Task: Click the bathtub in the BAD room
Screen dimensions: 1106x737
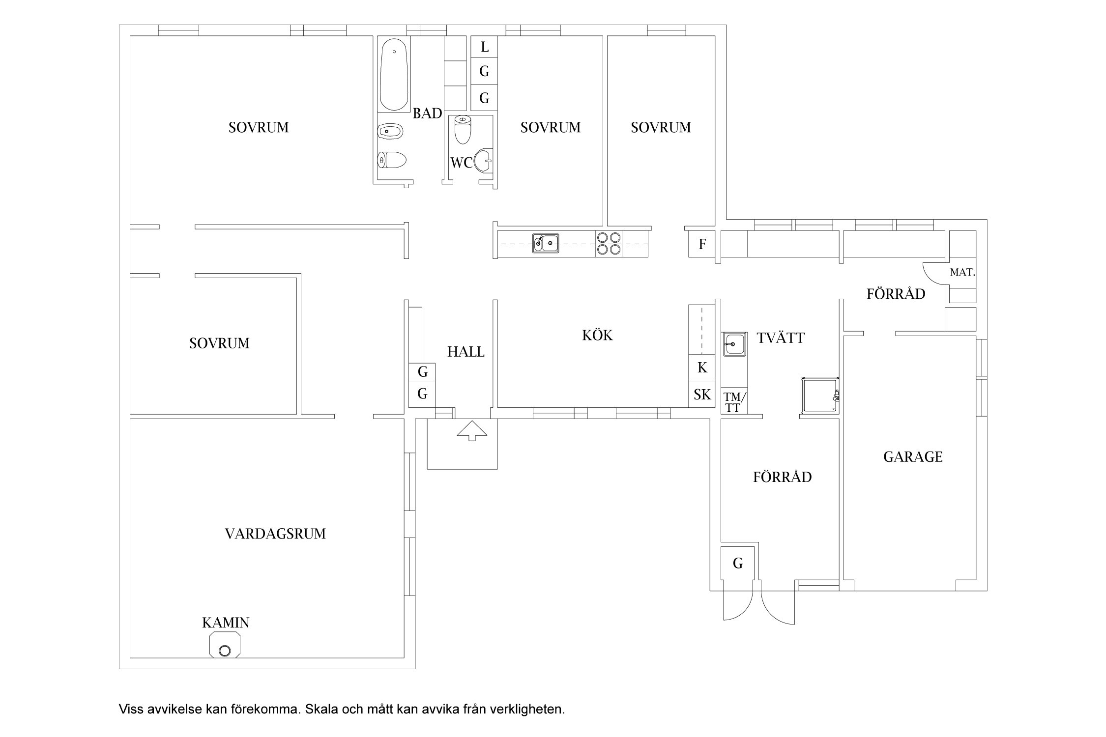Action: pos(394,74)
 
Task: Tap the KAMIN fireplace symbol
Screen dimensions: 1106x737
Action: pos(225,645)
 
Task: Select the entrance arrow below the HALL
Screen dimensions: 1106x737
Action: pos(472,431)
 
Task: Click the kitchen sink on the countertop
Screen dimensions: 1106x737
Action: pos(546,243)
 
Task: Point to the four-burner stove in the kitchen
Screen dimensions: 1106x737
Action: pos(609,243)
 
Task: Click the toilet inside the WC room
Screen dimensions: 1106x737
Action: pos(463,129)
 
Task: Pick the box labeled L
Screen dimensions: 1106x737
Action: pos(485,47)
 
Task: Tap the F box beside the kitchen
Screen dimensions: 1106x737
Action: pos(702,244)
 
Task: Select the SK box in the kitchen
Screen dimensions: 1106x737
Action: pos(702,394)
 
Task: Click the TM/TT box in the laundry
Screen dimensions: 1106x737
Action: pos(734,401)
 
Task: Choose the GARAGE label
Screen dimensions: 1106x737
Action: pos(913,457)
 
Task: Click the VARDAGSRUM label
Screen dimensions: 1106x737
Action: pos(275,534)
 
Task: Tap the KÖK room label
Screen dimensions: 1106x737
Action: pos(598,335)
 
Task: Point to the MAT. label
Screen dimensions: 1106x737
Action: pos(962,272)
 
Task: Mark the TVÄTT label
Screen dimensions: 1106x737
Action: pos(781,338)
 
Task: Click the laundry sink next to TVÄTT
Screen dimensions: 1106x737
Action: pos(734,344)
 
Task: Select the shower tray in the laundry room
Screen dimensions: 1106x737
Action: pos(820,396)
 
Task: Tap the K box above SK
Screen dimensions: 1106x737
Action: pos(702,368)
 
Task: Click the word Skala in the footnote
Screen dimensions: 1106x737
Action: pos(319,709)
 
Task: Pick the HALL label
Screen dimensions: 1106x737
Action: pos(466,352)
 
